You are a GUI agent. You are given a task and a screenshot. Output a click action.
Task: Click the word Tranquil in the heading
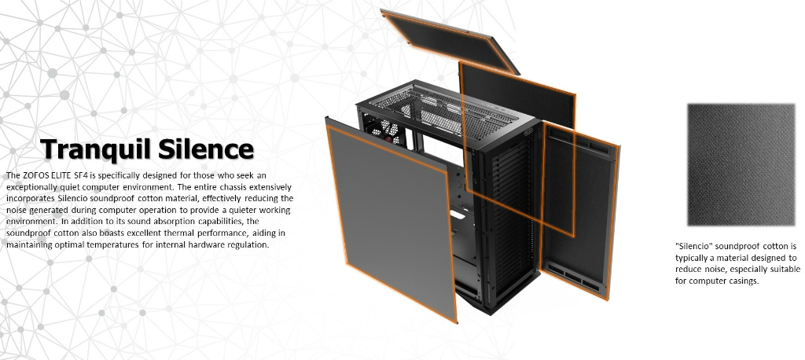(x=96, y=149)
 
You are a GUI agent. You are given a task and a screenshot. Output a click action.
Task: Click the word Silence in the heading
(x=206, y=149)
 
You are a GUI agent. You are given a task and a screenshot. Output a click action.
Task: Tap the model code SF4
(x=81, y=175)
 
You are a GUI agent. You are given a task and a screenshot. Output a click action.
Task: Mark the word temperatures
(x=112, y=245)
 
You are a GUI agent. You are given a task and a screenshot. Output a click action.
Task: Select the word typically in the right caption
(x=693, y=259)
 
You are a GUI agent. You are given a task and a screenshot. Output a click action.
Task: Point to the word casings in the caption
(x=741, y=281)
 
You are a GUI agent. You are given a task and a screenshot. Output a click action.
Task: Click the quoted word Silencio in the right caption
(x=693, y=247)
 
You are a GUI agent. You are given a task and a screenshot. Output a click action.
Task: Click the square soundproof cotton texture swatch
(x=741, y=165)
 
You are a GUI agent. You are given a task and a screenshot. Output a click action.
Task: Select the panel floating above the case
(x=450, y=41)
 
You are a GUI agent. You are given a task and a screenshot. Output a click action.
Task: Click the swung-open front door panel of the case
(x=579, y=209)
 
